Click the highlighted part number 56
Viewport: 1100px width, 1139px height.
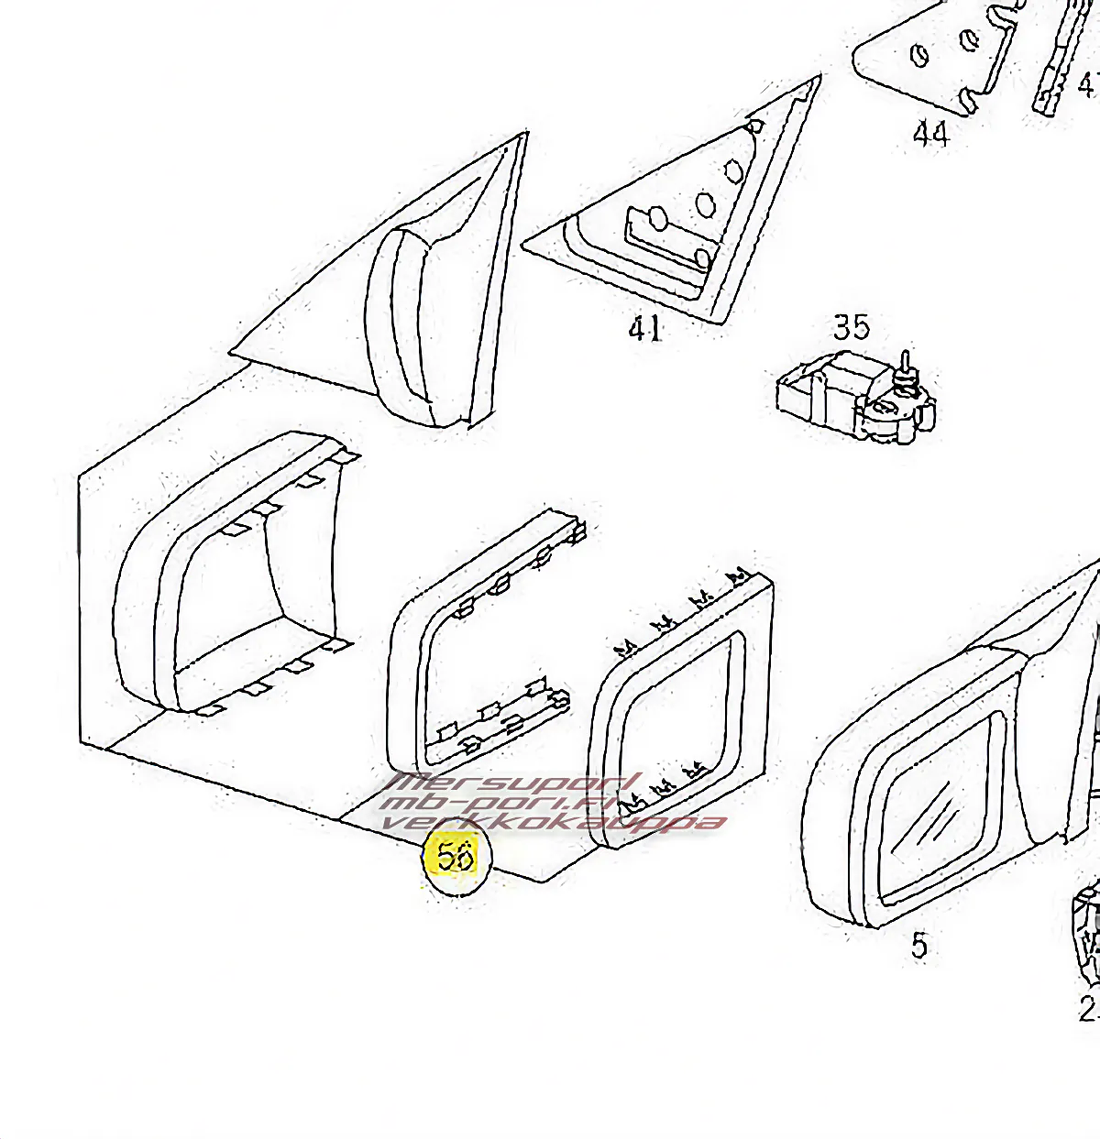click(456, 856)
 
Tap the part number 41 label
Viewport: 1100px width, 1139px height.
click(645, 327)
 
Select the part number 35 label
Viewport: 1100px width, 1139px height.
click(851, 327)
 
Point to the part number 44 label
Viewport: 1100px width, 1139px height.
click(930, 134)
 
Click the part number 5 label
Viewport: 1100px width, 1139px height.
click(919, 945)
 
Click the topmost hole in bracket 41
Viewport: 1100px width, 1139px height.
click(755, 126)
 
